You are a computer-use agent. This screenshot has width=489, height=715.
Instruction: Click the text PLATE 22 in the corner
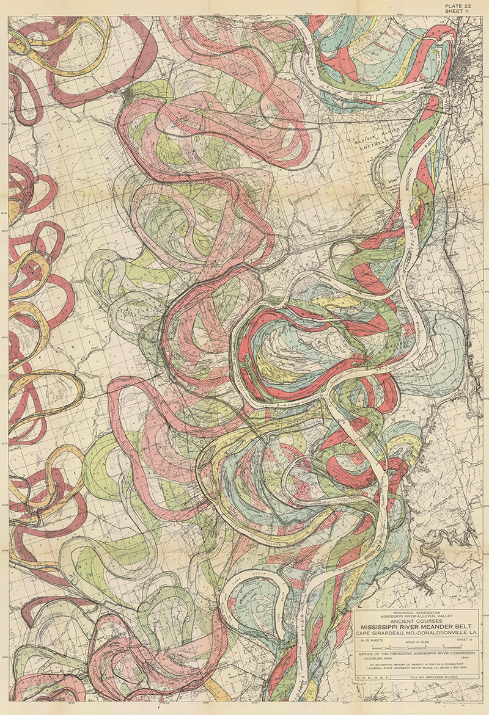point(466,6)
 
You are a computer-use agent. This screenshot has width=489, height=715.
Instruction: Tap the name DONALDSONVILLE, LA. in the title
point(440,633)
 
